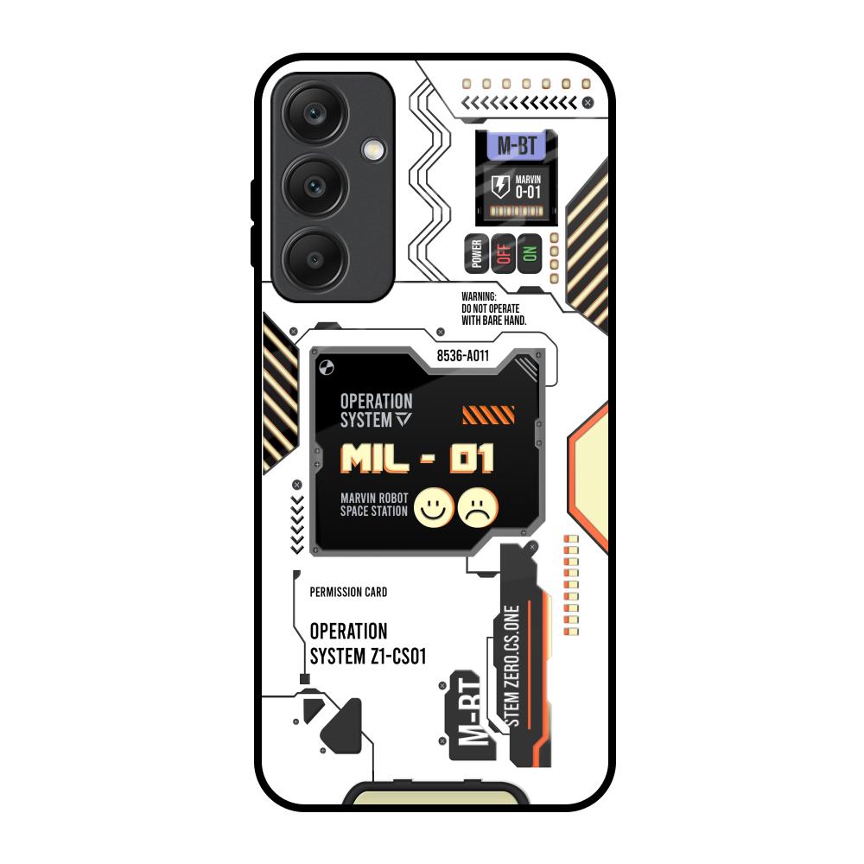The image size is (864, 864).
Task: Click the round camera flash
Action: pyautogui.click(x=374, y=149)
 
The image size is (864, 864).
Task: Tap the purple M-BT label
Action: pyautogui.click(x=516, y=144)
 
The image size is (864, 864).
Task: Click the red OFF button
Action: pyautogui.click(x=503, y=253)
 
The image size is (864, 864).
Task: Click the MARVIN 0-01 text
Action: pyautogui.click(x=527, y=187)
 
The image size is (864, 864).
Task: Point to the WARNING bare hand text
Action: pyautogui.click(x=493, y=308)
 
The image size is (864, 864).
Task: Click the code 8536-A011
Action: pyautogui.click(x=462, y=354)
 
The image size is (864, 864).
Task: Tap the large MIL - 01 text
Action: pyautogui.click(x=417, y=459)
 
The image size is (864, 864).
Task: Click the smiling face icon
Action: pyautogui.click(x=435, y=506)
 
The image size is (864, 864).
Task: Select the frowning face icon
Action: pyautogui.click(x=478, y=506)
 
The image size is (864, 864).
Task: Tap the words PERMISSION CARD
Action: pyautogui.click(x=348, y=593)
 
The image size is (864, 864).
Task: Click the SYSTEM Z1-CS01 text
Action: pyautogui.click(x=368, y=658)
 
